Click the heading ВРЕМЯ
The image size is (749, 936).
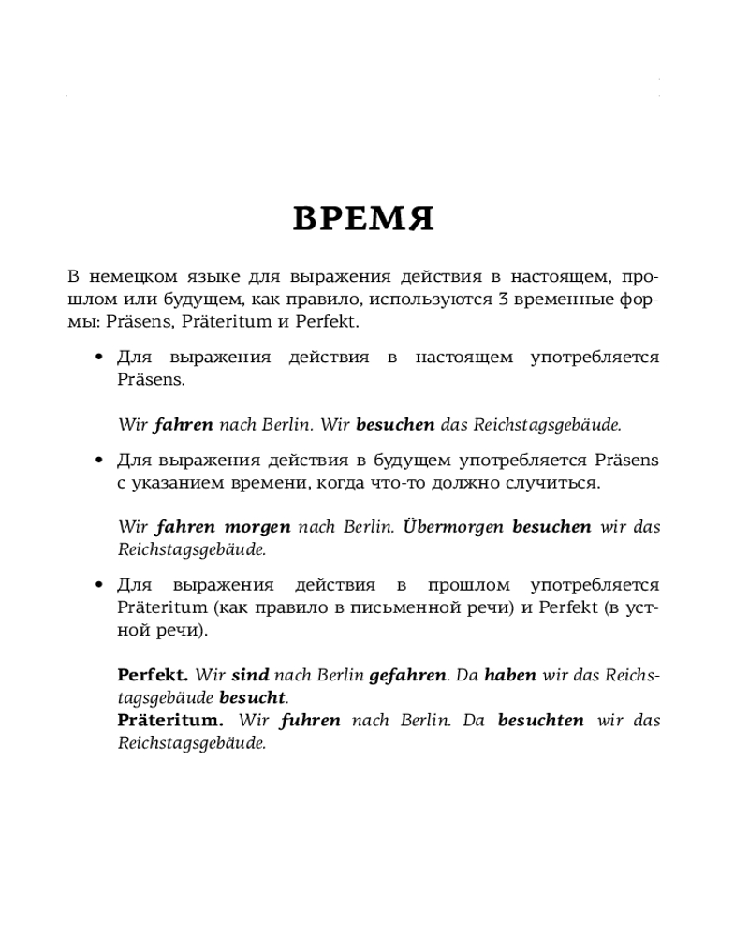point(363,220)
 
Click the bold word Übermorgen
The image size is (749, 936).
point(452,526)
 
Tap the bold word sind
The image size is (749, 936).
point(250,675)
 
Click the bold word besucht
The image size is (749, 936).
point(253,697)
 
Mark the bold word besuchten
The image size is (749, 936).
point(541,721)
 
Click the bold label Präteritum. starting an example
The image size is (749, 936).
point(170,721)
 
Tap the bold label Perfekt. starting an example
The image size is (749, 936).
point(153,675)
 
